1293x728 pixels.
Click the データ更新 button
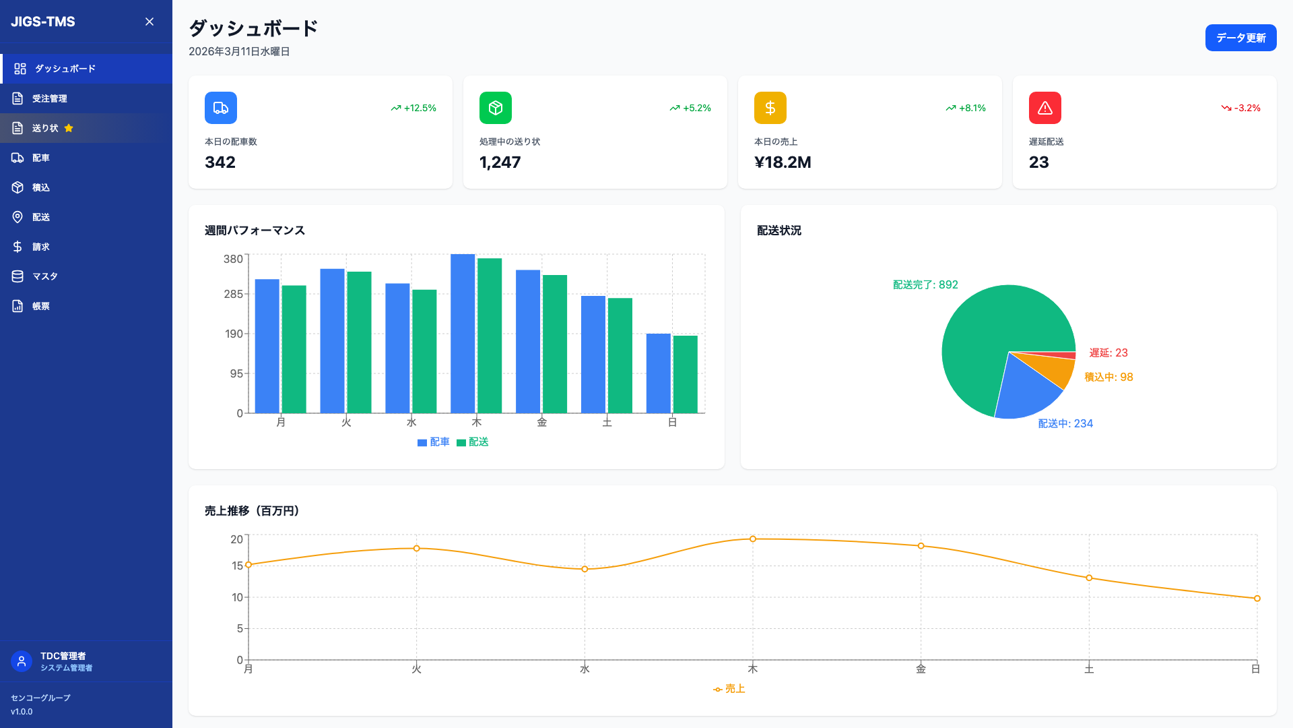point(1240,38)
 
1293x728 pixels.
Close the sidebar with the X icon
point(150,22)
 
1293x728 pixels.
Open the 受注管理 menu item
point(50,98)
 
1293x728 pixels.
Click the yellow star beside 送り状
point(69,128)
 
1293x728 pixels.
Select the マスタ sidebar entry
point(44,276)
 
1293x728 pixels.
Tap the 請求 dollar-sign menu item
point(40,247)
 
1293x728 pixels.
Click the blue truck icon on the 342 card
point(221,108)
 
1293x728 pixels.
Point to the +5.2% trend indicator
point(690,108)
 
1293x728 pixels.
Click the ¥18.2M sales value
point(783,162)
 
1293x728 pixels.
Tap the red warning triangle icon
point(1045,108)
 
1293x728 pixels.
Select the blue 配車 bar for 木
point(463,334)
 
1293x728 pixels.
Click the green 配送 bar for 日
point(686,374)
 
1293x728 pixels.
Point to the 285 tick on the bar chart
point(233,295)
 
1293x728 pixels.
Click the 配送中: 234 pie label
point(1065,423)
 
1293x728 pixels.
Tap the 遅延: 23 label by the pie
point(1108,353)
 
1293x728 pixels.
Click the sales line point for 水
point(585,569)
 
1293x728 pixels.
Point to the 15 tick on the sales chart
point(237,566)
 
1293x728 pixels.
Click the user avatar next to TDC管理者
point(22,661)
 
